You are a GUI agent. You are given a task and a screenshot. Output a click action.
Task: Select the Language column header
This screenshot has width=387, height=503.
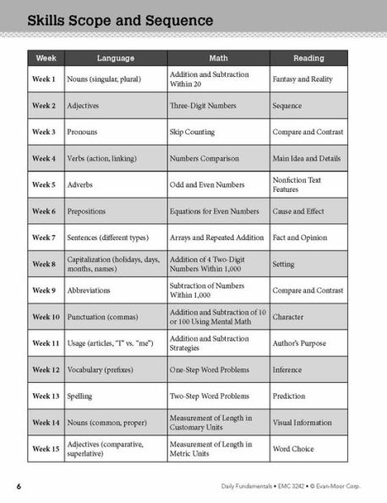(x=115, y=58)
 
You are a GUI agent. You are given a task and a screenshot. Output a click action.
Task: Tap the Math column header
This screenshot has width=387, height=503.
(x=218, y=58)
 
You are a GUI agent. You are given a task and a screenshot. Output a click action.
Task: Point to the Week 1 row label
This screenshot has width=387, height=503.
(x=44, y=79)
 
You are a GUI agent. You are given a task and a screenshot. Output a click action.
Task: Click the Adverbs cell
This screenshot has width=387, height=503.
(x=84, y=185)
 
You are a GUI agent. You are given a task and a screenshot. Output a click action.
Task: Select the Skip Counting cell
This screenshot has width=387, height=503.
(x=193, y=133)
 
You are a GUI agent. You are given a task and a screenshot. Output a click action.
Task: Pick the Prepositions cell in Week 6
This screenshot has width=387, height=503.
(x=92, y=211)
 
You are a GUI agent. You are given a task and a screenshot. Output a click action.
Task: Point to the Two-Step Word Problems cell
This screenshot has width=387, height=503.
(x=210, y=396)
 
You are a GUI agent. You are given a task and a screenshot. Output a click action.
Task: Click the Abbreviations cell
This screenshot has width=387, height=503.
(x=92, y=291)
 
